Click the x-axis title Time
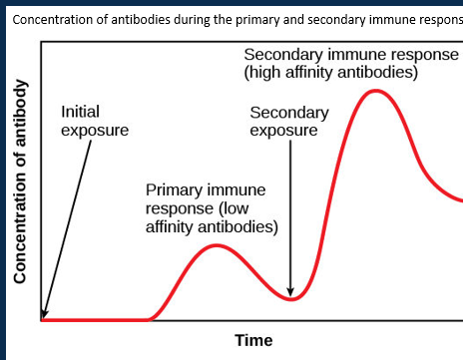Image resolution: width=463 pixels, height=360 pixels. click(x=253, y=341)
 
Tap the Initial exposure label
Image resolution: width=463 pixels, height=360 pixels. click(x=95, y=122)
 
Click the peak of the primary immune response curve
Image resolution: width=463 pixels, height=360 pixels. click(x=220, y=245)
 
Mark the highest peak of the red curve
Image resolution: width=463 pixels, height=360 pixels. click(x=375, y=91)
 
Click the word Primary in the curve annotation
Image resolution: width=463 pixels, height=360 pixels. click(x=176, y=189)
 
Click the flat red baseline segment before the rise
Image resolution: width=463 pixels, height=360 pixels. click(x=95, y=319)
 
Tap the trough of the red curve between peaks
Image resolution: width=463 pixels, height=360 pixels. click(x=289, y=298)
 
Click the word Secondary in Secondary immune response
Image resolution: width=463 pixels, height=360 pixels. click(x=282, y=55)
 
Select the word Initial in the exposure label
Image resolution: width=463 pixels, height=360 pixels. click(x=80, y=113)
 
